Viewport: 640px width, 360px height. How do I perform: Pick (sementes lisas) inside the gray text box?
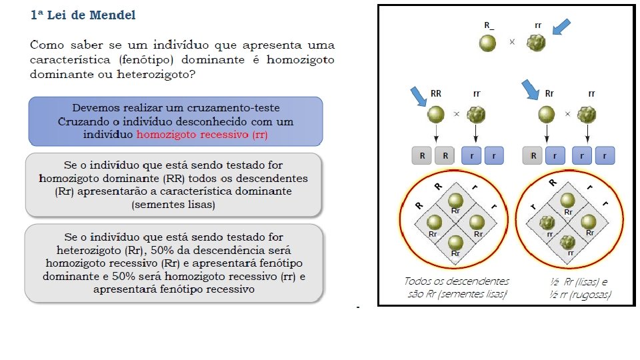[173, 205]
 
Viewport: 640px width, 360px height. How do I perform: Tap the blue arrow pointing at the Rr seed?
[530, 90]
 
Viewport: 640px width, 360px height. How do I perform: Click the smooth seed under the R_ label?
[489, 43]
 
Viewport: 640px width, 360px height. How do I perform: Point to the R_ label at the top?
[489, 25]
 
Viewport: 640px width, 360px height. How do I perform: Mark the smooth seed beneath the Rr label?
[547, 115]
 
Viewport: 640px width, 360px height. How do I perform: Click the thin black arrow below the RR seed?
[436, 135]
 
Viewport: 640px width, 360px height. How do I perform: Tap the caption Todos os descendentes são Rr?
[456, 287]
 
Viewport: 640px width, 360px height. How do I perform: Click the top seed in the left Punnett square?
[455, 201]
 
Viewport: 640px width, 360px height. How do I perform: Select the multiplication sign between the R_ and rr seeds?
[512, 41]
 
